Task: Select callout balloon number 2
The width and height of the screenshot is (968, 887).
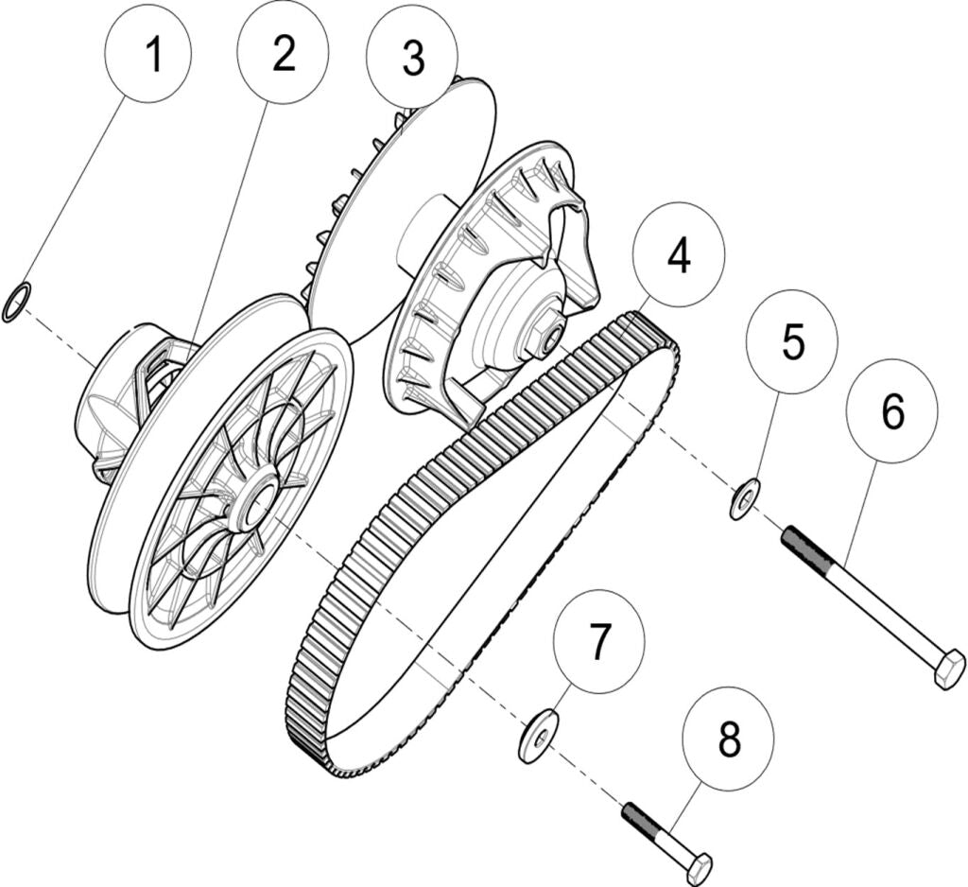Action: click(x=283, y=54)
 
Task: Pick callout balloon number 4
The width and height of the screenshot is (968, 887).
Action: click(x=679, y=256)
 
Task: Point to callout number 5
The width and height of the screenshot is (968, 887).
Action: click(x=792, y=341)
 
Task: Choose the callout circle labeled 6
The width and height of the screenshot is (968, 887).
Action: click(x=891, y=409)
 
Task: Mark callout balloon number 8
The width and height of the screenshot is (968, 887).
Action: click(x=728, y=739)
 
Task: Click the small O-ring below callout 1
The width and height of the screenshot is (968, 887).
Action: click(x=17, y=302)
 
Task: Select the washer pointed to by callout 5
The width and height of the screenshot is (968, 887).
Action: click(x=745, y=498)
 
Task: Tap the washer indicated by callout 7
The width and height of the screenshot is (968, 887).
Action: click(x=538, y=736)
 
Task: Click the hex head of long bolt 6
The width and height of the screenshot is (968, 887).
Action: click(x=948, y=669)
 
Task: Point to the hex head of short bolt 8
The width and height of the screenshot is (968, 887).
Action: click(x=697, y=867)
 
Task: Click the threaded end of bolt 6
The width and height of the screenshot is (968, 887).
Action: click(x=806, y=552)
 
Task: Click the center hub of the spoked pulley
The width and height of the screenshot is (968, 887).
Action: click(x=253, y=502)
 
